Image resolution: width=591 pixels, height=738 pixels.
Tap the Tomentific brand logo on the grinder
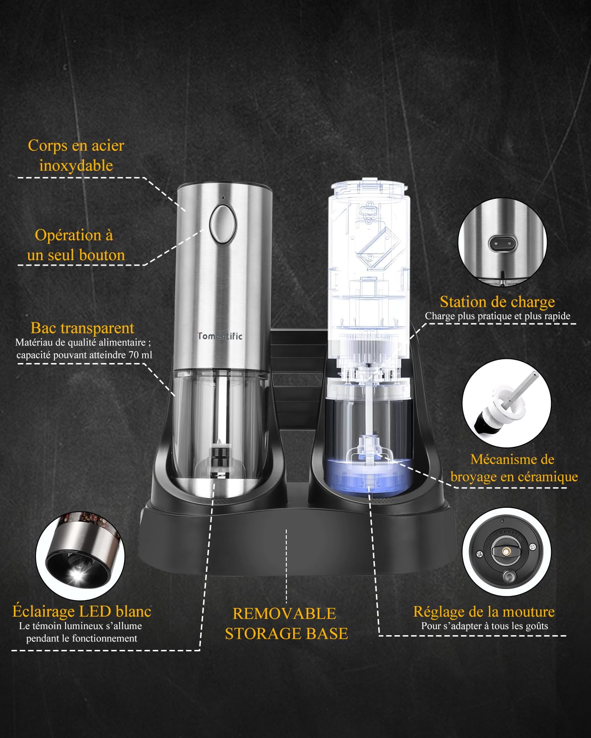coord(220,336)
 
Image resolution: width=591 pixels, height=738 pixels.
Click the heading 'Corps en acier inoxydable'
coord(76,155)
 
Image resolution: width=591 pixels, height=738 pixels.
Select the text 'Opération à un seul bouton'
coord(75,245)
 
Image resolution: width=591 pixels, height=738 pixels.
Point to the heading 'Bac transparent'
coord(83,328)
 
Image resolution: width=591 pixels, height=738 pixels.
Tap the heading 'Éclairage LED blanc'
coord(82,611)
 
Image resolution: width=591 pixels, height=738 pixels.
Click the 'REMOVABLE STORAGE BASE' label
coord(286,623)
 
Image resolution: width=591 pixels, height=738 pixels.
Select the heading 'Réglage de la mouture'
coord(484,612)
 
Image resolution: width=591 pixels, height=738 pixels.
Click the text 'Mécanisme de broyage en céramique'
coord(514,468)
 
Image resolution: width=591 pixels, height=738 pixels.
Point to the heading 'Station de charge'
coord(497,302)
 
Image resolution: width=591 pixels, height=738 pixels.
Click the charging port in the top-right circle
coord(502,244)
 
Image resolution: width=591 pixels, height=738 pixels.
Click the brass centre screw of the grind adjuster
coord(506,551)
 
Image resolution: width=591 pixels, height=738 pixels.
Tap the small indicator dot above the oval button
coord(223,198)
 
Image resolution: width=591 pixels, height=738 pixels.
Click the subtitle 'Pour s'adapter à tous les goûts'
coord(484,626)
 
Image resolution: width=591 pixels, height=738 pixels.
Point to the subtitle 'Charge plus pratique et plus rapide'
coord(498,316)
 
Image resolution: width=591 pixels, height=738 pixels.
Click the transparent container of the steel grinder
coord(220,425)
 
